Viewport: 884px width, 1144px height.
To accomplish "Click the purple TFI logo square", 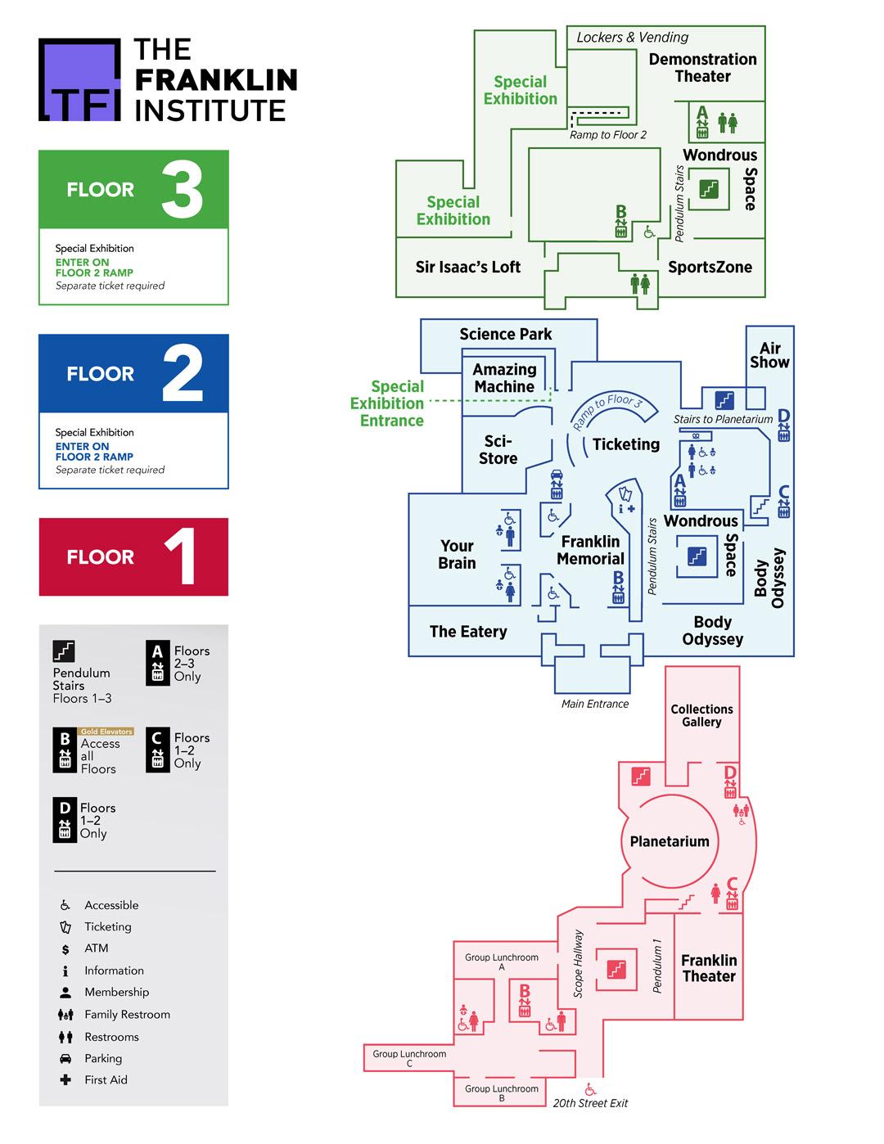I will click(79, 79).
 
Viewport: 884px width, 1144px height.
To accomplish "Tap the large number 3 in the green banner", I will click(182, 190).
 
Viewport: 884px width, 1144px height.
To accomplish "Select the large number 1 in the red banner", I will click(182, 557).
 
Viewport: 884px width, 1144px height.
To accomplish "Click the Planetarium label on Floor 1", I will click(670, 841).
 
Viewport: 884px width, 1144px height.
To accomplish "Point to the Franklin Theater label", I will click(709, 968).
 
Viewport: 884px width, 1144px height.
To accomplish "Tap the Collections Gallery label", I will click(701, 715).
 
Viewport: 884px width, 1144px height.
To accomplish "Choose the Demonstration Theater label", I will click(702, 67).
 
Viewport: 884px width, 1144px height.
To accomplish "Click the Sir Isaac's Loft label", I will click(467, 267).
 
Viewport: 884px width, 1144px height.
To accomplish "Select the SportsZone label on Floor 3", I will click(710, 267).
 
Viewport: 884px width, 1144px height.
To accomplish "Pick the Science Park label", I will click(505, 334).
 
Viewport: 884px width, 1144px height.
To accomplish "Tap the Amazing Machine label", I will click(504, 378).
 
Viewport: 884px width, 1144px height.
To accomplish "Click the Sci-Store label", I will click(498, 450).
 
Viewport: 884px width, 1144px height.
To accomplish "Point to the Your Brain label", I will click(457, 554).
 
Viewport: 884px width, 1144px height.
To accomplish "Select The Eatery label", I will click(468, 632).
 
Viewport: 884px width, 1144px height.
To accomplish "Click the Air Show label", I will click(769, 355).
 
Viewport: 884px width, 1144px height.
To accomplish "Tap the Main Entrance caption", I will click(595, 704).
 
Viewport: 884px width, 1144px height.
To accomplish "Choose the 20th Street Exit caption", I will click(590, 1103).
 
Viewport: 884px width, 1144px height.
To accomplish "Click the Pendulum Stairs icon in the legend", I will click(64, 651).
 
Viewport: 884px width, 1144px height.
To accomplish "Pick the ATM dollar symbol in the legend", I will click(65, 949).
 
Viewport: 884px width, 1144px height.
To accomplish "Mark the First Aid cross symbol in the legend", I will click(65, 1080).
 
